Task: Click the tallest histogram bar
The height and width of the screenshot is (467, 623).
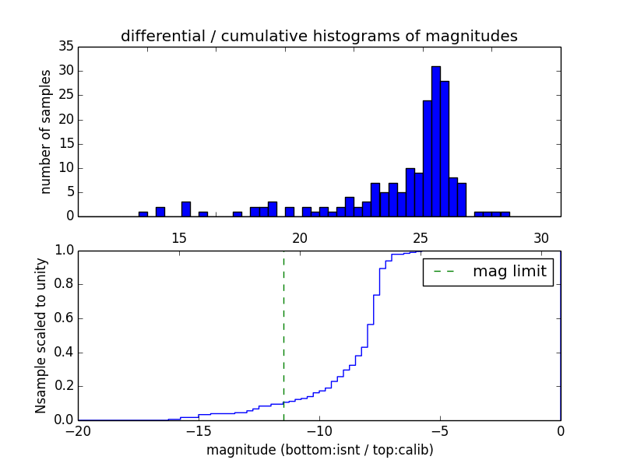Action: [x=436, y=142]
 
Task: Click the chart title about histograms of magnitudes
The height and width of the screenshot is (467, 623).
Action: [x=319, y=36]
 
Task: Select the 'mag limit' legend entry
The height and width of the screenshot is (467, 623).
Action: [x=489, y=272]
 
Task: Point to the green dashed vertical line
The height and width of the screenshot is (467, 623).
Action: [x=283, y=335]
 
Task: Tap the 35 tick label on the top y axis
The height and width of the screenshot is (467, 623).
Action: [x=66, y=47]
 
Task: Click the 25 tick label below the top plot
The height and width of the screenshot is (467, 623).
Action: [x=421, y=238]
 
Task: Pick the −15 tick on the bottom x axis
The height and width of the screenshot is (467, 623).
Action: [x=199, y=431]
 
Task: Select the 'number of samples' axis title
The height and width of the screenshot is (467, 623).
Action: [x=46, y=132]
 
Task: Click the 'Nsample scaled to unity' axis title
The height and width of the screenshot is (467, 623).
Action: [x=40, y=335]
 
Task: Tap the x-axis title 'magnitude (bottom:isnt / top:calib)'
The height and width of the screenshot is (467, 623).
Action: [x=320, y=450]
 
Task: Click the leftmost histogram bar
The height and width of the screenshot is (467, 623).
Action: [x=143, y=214]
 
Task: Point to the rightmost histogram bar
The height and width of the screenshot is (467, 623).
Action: [x=505, y=214]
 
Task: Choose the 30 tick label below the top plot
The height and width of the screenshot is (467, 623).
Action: [x=541, y=238]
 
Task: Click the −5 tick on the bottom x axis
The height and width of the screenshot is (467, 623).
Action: [x=440, y=431]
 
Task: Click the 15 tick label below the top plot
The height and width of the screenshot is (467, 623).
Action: [x=179, y=238]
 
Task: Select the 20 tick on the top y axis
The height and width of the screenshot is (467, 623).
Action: [x=66, y=120]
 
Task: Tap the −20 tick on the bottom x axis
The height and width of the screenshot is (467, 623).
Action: [x=79, y=431]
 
